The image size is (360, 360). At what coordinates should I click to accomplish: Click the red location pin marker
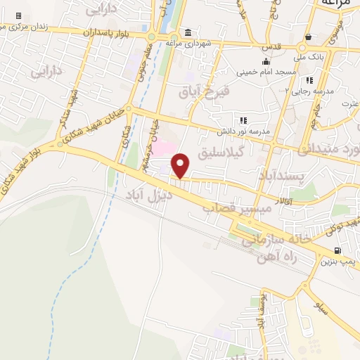[181, 165]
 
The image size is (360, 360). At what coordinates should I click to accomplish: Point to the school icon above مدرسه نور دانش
[244, 121]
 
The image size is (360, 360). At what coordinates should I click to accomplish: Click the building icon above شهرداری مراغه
[188, 33]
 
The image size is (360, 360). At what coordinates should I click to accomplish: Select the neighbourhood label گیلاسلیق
[241, 152]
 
